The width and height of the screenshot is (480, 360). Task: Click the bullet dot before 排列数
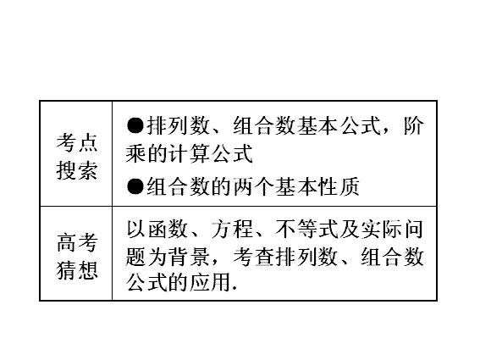pos(135,125)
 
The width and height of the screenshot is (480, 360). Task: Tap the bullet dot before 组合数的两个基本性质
pos(135,186)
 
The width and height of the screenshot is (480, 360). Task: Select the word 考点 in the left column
pos(77,143)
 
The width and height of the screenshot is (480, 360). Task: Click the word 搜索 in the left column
pos(77,170)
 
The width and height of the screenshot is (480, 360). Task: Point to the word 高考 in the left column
pos(77,242)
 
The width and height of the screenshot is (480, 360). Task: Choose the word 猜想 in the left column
pos(77,270)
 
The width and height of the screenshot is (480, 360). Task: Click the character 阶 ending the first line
pos(414,125)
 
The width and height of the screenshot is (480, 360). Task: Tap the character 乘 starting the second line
pos(136,153)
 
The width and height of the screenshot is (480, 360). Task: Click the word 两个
pos(253,186)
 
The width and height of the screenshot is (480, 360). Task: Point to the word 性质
pos(339,186)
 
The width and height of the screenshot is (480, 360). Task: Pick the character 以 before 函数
pos(136,230)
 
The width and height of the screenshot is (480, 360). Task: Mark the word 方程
pos(232,230)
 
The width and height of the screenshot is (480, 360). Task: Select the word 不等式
pos(306,230)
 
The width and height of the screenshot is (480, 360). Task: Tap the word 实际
pos(381,230)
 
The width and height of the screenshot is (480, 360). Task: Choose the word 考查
pos(253,256)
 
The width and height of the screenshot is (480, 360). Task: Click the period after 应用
pos(234,289)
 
